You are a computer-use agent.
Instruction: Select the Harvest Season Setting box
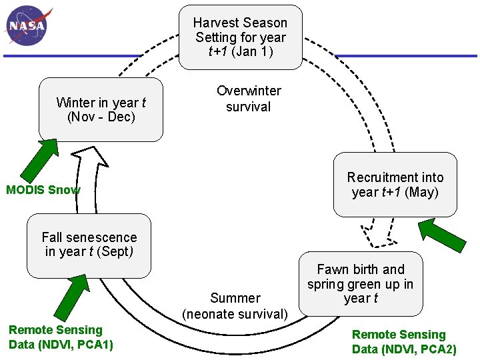coord(240,37)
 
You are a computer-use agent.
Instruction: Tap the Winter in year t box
coord(101,109)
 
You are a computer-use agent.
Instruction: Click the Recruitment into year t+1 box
coord(395,185)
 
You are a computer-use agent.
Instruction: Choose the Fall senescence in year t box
coord(89,245)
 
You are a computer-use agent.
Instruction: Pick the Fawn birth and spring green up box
coord(361,283)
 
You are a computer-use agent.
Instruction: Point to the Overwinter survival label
coord(249,99)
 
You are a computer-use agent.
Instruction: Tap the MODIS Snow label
coord(43,190)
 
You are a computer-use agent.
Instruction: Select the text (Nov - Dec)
coord(101,117)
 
